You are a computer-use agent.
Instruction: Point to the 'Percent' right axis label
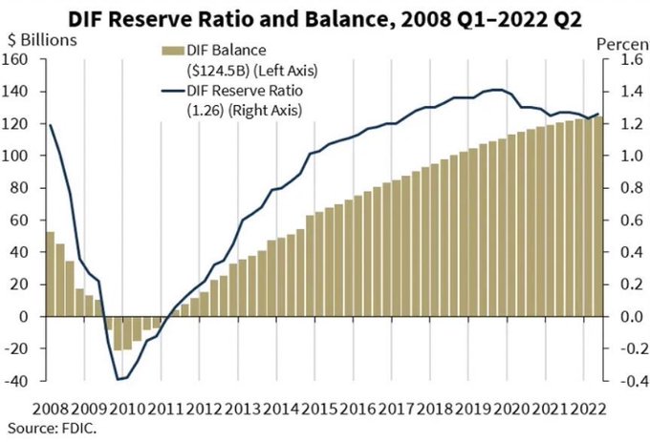click(622, 44)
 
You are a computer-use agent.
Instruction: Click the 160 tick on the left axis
click(20, 60)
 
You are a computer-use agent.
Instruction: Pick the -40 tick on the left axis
click(20, 381)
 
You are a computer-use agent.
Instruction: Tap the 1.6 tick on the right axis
click(622, 60)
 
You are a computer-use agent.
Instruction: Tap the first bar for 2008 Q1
click(51, 273)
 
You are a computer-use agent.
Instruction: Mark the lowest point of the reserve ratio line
click(119, 379)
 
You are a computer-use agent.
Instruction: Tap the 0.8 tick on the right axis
click(622, 188)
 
